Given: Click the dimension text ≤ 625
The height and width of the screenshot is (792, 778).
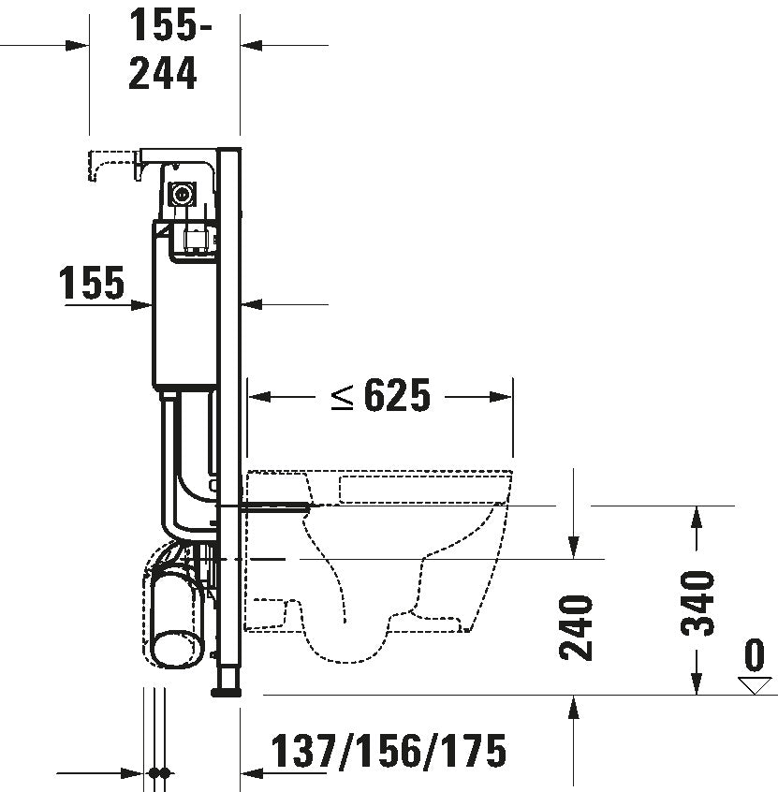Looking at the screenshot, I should tap(380, 397).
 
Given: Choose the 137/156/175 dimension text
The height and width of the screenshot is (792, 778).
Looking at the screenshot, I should tap(389, 751).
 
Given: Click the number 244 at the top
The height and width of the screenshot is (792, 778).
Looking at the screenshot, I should tap(164, 73).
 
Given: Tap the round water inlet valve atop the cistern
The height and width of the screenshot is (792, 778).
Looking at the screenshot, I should tap(180, 195).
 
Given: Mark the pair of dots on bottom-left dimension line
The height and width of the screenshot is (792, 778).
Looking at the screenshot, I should tap(158, 774).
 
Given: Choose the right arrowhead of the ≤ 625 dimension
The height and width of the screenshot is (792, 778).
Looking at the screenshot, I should tap(505, 397).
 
